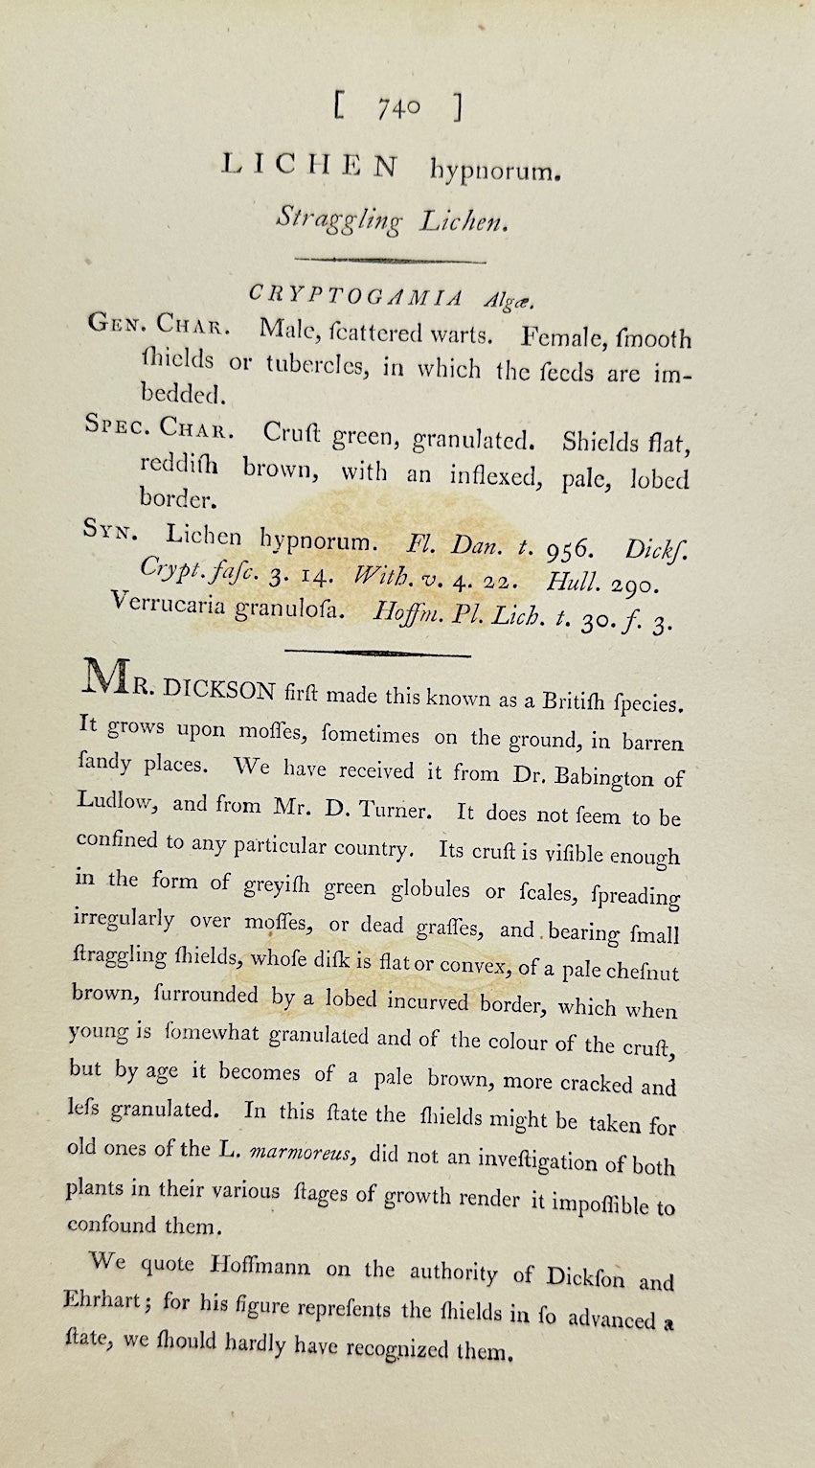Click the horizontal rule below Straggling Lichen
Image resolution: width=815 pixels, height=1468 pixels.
[391, 259]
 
